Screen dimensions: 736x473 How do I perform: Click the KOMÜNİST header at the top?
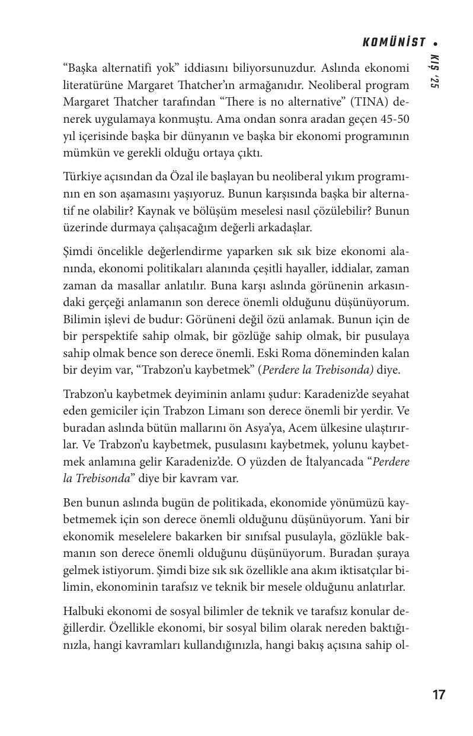point(394,42)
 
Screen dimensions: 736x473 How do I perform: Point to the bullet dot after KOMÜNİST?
point(436,43)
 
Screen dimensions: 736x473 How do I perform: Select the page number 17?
point(439,695)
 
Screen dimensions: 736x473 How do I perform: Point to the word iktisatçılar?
point(351,571)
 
